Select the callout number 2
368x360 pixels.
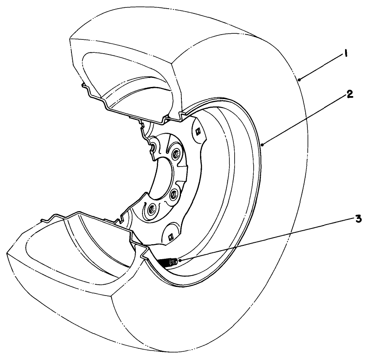tap(349, 94)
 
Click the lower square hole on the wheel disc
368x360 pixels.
tap(171, 237)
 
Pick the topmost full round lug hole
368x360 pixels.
tap(176, 154)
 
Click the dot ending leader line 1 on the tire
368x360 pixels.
tap(300, 80)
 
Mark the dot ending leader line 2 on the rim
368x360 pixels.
tap(263, 145)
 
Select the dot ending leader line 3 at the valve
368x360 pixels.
tap(180, 260)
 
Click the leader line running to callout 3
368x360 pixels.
tap(267, 239)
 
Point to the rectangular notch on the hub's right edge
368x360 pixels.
tap(183, 170)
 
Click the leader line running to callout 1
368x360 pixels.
tap(321, 68)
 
